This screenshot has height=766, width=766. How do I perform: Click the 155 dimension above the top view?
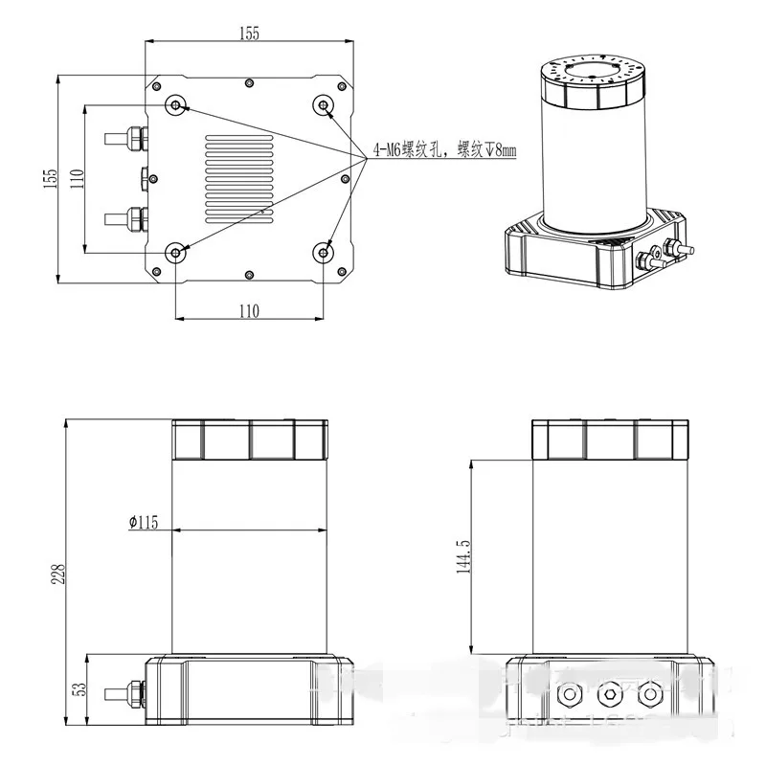248,33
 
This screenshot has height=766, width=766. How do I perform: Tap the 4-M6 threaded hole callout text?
444,151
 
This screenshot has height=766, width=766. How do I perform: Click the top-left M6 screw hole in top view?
175,104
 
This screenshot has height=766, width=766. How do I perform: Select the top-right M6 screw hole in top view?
325,104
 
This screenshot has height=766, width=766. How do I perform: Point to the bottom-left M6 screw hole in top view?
175,252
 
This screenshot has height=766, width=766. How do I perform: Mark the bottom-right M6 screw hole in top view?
325,252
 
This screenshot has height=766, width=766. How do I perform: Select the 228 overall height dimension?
58,573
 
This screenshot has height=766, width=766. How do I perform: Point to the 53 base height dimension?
78,688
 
